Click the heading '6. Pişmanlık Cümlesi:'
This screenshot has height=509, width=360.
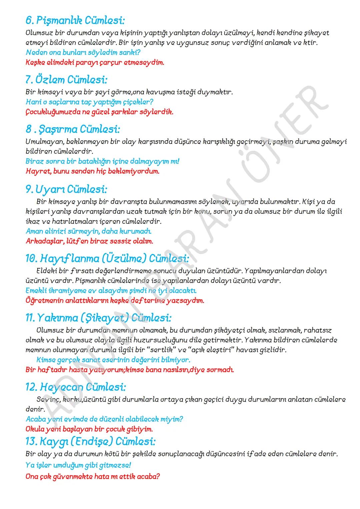coord(75,21)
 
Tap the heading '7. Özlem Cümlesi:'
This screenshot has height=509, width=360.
coord(66,80)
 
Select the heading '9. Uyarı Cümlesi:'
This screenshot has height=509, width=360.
coord(66,189)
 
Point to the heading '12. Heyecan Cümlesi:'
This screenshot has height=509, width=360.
coord(76,387)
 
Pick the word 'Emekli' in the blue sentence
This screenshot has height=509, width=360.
coord(36,290)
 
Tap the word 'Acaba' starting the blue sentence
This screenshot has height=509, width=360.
coord(35,419)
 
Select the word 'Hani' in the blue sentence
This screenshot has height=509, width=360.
coord(32,102)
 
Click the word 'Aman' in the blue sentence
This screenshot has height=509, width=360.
coord(34,231)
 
